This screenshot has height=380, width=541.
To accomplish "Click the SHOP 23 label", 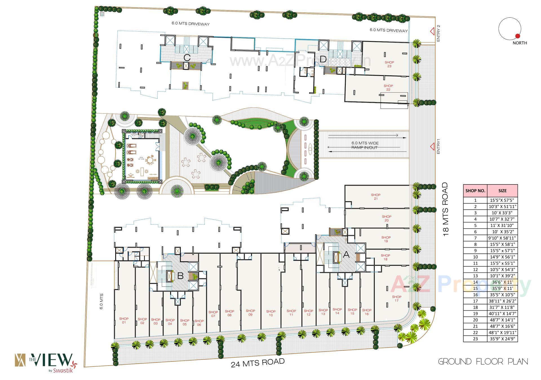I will coord(389,64).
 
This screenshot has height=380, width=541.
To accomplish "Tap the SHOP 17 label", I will coord(396,298).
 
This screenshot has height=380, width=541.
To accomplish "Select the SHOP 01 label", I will coord(124,320).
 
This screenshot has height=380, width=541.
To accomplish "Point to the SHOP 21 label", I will coord(376,197).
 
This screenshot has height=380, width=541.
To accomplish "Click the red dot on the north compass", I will coord(517,36).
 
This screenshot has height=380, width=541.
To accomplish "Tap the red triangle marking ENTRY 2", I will coord(431,31).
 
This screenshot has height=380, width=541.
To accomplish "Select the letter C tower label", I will coord(187,58).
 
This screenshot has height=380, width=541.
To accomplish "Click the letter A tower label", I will coord(346,255).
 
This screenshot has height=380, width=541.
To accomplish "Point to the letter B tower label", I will coord(180,276).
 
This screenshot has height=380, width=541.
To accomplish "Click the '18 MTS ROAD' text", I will coord(445,210).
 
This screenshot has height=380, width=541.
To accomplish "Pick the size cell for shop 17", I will coord(502,301).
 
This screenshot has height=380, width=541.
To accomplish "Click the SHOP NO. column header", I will coord(475,190).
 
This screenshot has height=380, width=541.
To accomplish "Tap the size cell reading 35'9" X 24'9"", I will coord(502,339).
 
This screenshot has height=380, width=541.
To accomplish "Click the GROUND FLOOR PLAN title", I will coord(483,361).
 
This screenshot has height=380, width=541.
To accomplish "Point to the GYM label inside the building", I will coord(141,158).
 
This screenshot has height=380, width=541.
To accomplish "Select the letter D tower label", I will coord(323,59).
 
